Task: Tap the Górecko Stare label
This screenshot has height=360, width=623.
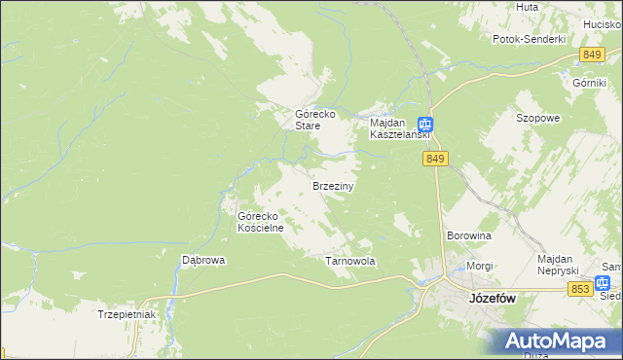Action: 315,120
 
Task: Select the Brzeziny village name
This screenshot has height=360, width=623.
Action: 332,185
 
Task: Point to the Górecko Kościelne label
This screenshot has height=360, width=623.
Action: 260,222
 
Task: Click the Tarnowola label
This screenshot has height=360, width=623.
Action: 349,262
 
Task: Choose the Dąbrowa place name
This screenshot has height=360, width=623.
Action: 204,260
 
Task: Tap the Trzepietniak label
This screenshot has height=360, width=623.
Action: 127,314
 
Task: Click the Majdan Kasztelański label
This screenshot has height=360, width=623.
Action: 392,129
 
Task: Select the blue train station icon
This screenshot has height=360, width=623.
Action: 425,125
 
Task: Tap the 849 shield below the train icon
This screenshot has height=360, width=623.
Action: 435,159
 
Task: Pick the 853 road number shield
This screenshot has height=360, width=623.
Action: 581,289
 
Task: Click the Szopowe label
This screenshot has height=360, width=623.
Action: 537,118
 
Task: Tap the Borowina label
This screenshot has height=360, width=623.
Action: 468,235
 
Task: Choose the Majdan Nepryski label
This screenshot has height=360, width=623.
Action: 558,264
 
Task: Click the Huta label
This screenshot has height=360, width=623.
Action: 528,7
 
